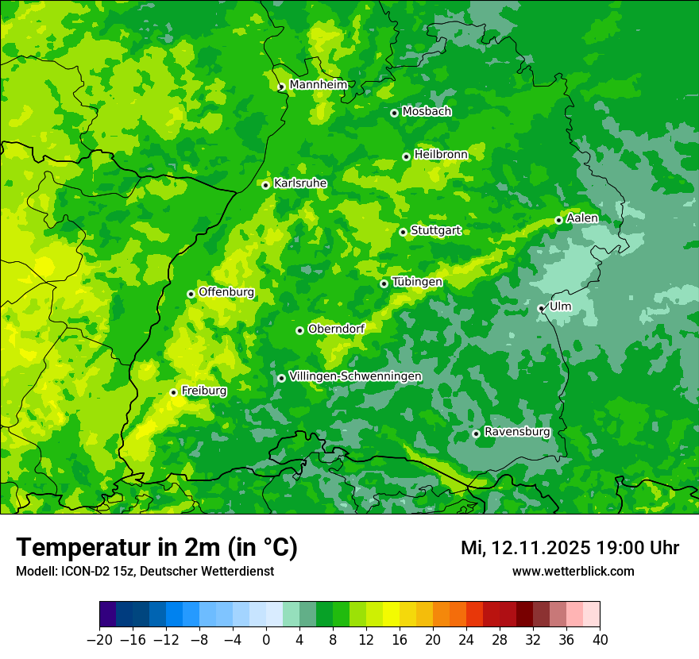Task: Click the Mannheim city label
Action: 318,85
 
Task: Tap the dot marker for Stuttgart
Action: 404,232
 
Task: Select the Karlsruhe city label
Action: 300,183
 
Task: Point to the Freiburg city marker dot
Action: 173,392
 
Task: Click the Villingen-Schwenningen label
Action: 355,376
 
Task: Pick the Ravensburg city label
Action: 517,432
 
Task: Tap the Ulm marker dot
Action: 541,308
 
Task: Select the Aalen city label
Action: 582,218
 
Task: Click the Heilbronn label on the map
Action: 441,155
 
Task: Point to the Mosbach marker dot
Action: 394,113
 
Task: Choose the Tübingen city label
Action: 417,282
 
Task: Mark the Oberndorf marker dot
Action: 299,330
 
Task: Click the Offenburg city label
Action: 226,292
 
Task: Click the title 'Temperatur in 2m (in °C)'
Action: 156,548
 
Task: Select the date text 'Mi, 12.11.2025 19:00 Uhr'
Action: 570,548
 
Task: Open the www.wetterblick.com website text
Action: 573,571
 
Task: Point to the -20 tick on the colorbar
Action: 99,640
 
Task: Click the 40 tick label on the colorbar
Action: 600,640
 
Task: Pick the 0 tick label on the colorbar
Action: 266,640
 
